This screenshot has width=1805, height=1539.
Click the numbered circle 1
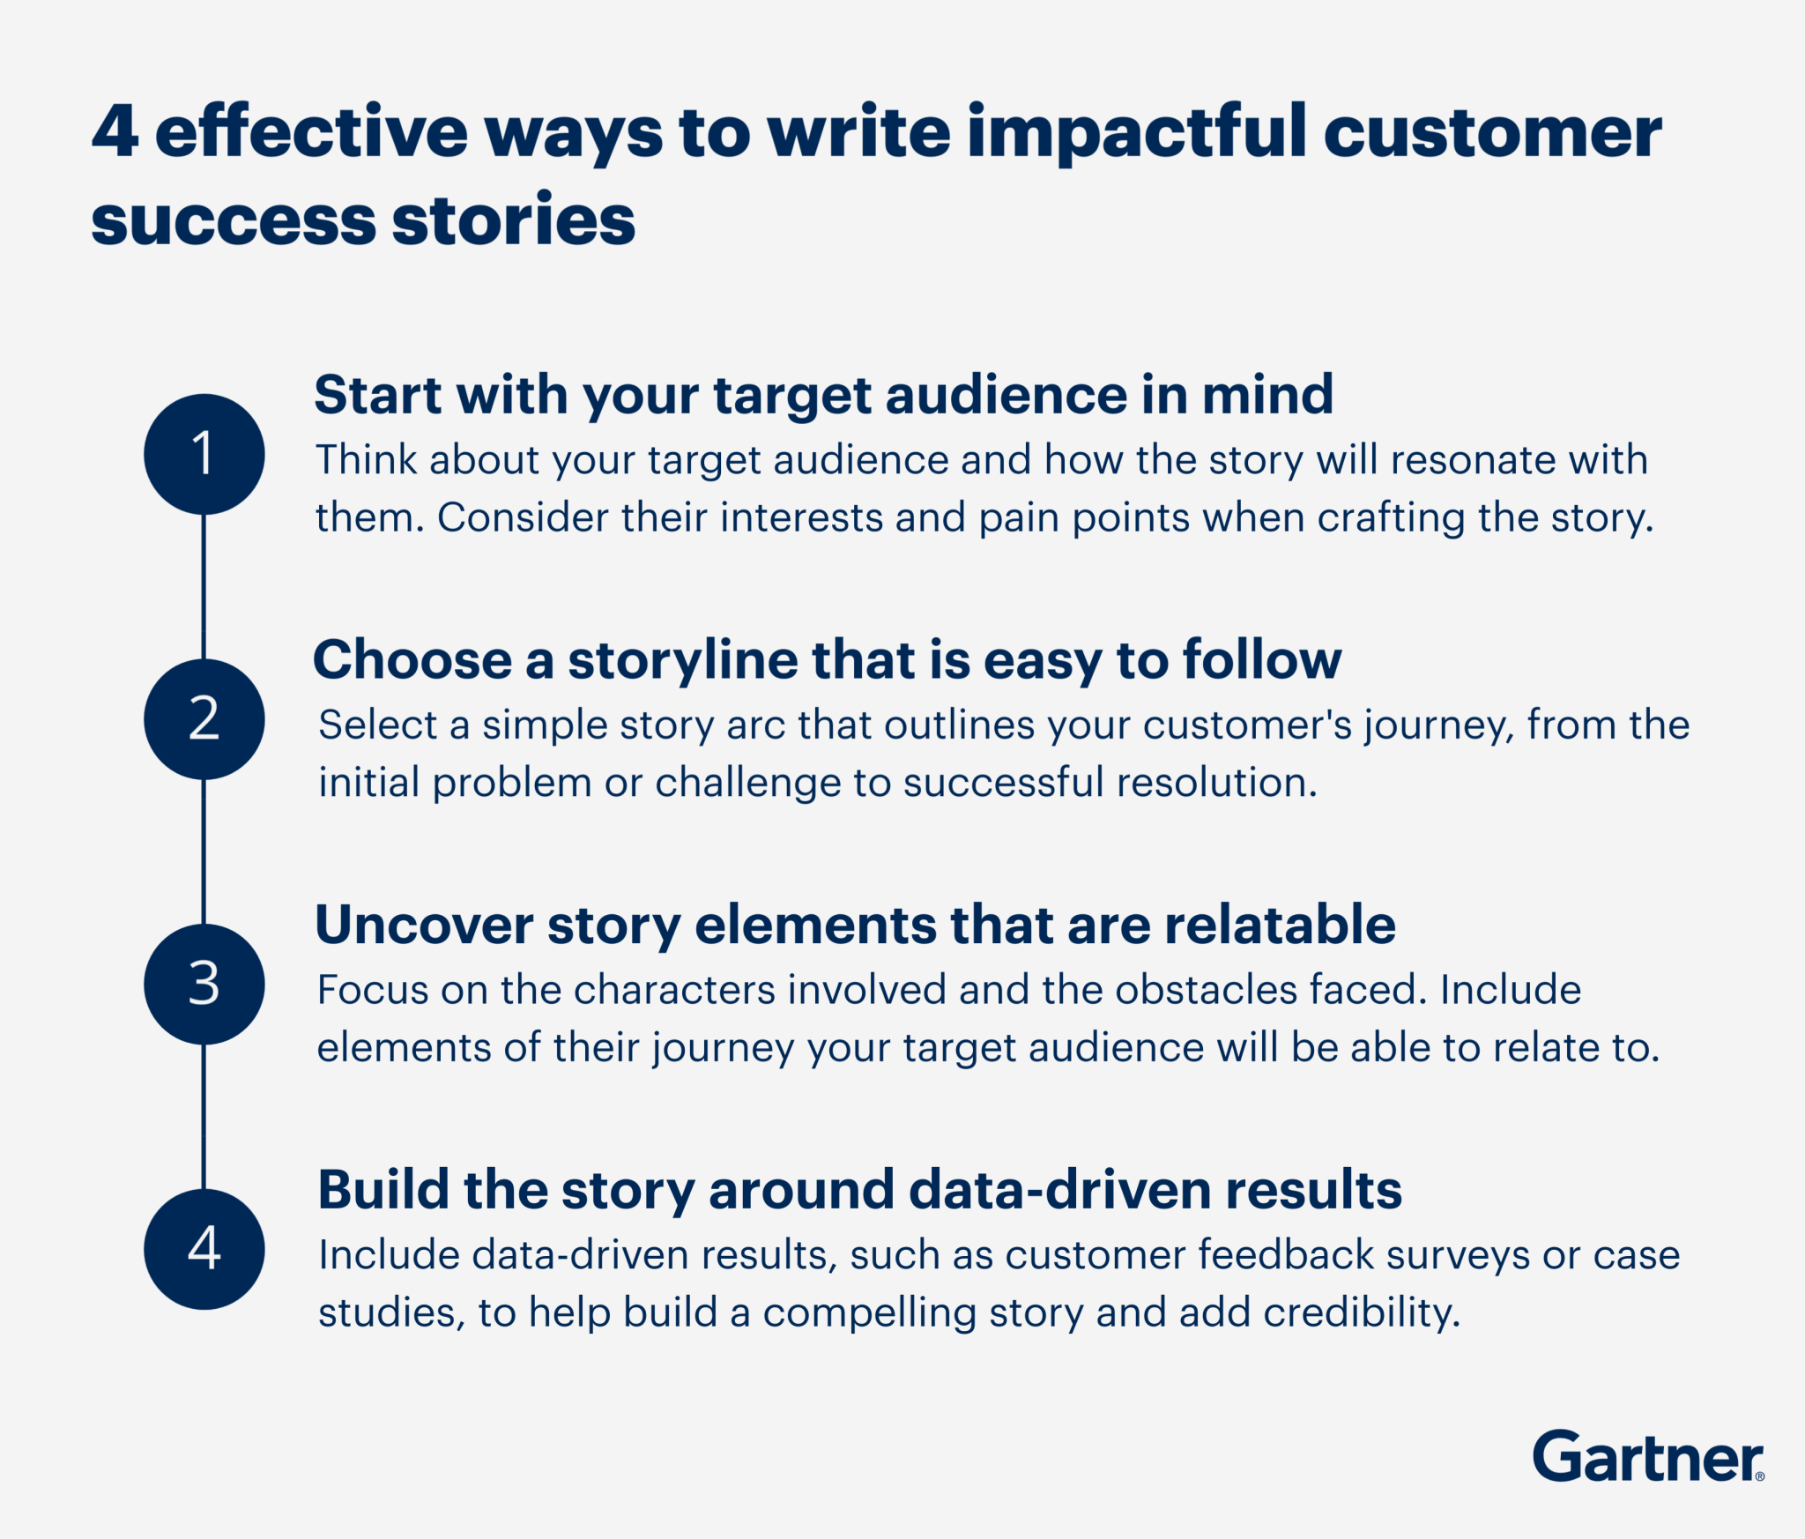(x=204, y=454)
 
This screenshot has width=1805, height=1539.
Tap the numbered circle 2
(x=204, y=718)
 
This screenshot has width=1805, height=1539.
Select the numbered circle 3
(x=204, y=984)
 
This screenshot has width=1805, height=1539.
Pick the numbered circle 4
(x=204, y=1248)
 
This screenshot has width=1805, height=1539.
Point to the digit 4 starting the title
(x=115, y=132)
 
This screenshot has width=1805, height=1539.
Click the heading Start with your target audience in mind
(x=823, y=394)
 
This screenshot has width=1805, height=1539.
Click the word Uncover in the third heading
(x=424, y=925)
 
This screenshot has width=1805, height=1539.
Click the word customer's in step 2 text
(x=1247, y=725)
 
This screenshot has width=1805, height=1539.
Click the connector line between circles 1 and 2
(x=204, y=586)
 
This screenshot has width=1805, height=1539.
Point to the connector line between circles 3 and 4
(x=204, y=1116)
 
